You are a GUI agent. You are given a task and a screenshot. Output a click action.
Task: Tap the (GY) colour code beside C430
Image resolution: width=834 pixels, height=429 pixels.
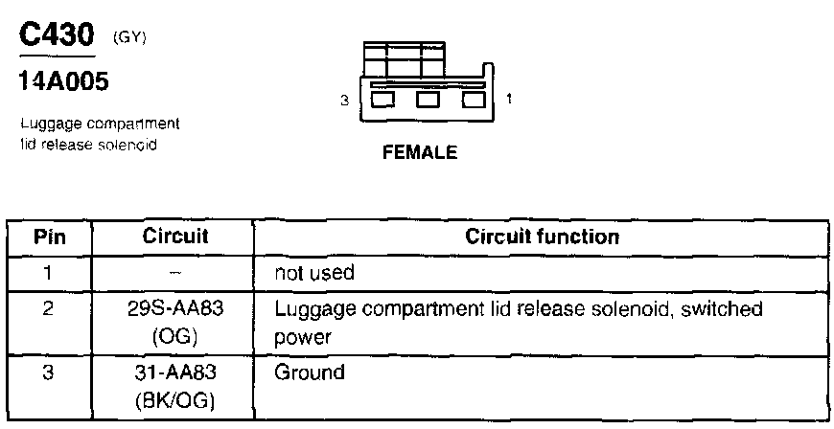point(129,37)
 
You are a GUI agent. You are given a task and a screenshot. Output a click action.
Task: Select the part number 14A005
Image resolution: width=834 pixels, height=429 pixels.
point(63,82)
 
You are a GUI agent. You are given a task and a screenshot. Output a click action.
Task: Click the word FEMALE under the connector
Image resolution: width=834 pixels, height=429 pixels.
point(419,152)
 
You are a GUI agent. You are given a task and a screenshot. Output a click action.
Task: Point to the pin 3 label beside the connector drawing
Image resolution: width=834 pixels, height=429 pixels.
point(342,100)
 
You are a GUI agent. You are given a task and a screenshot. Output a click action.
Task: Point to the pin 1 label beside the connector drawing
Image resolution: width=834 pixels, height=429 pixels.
point(507,99)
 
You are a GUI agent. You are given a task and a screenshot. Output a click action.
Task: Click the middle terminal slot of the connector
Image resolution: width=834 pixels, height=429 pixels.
point(427,100)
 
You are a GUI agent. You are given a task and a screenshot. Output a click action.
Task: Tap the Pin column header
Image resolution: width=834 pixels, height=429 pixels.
point(50,237)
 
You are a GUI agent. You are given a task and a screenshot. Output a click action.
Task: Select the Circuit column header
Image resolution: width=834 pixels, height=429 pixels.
point(174,236)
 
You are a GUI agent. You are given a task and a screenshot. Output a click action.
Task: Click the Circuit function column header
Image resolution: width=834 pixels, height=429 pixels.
point(542,236)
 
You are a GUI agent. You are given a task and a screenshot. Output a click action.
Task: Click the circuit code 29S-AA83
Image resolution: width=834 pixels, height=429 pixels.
point(174,310)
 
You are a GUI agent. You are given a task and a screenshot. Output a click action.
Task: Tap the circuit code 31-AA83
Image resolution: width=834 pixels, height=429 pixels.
point(174,373)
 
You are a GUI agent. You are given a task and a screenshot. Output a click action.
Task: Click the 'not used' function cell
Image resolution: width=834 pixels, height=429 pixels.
point(314,273)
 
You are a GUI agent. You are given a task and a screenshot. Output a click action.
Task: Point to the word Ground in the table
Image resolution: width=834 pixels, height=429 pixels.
point(309,373)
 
